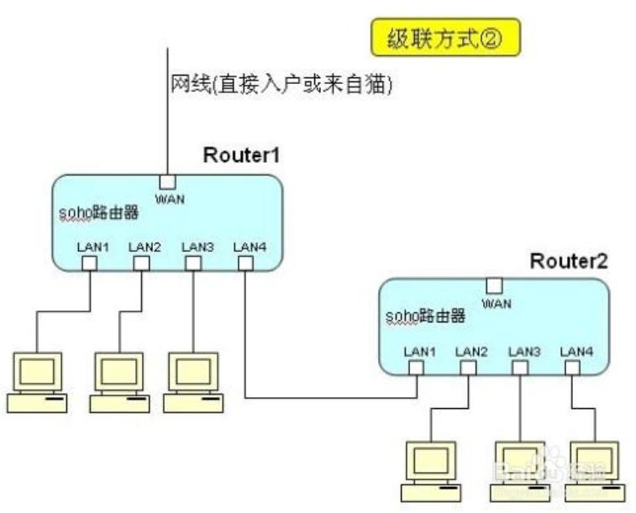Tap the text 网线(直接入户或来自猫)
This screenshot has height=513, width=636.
click(281, 85)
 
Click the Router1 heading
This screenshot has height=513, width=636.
click(241, 155)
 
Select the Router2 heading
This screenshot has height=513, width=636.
click(568, 261)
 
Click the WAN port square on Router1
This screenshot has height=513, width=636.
click(167, 182)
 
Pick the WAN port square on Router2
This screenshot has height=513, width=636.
click(495, 286)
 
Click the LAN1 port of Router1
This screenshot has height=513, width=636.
click(89, 264)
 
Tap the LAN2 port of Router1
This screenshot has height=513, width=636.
click(141, 264)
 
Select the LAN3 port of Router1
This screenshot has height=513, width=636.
click(193, 264)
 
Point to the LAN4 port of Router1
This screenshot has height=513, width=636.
click(244, 264)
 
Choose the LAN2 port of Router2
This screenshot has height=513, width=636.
click(469, 368)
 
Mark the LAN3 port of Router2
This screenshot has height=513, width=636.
click(520, 368)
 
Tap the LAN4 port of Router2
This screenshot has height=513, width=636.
click(572, 368)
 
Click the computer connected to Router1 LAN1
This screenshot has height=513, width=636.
click(37, 382)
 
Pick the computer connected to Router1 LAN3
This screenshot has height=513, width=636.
click(193, 382)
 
